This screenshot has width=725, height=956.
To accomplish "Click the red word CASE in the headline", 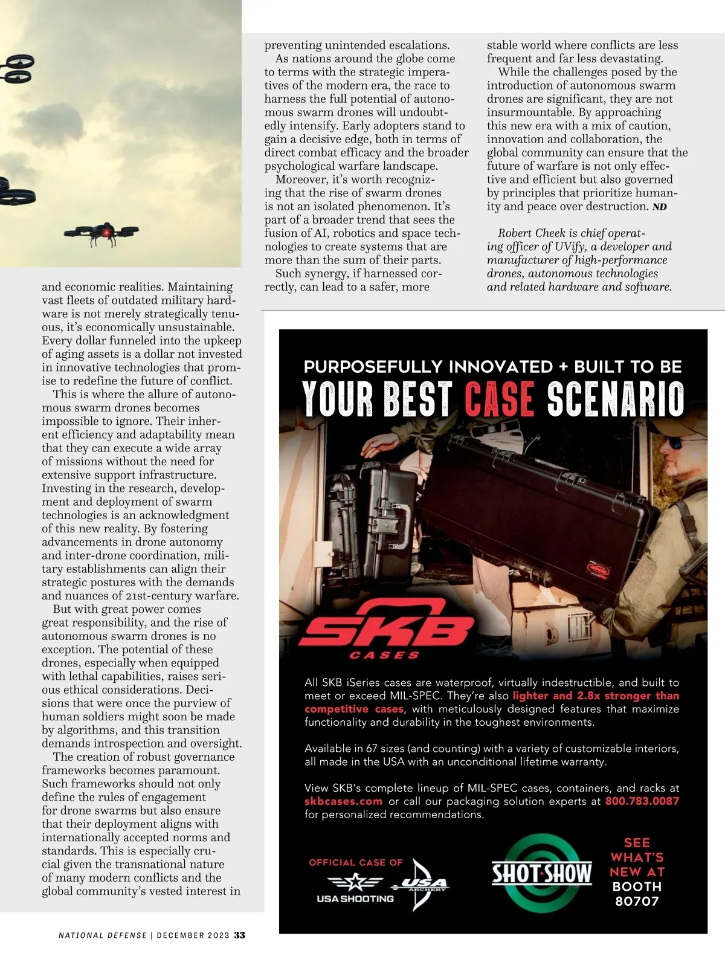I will [500, 399].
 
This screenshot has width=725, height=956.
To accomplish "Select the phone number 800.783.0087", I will [642, 801].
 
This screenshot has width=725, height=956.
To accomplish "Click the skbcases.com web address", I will [343, 801].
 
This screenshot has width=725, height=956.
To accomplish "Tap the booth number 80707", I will [637, 901].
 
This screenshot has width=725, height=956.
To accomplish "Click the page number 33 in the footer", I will [240, 935].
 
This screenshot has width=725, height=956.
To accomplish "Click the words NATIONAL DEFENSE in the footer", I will [103, 935].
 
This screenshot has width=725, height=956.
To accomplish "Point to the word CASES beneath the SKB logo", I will [385, 655].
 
